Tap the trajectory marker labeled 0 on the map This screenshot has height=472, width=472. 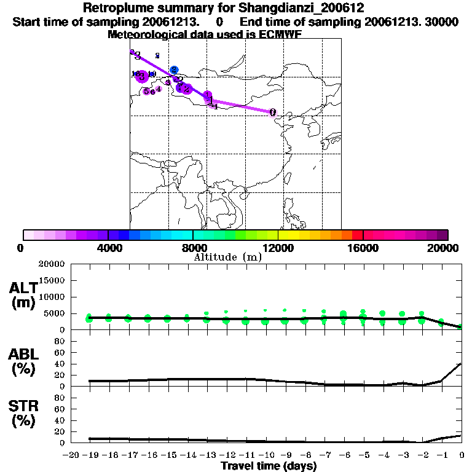272,112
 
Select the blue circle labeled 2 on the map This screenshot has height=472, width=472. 175,70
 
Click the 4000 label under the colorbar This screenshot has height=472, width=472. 108,248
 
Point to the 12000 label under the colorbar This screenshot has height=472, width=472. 278,248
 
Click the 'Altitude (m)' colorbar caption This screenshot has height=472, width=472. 227,257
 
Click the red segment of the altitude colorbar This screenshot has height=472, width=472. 357,235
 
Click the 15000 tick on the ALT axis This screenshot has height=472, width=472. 51,280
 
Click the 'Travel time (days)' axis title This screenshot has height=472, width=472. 269,466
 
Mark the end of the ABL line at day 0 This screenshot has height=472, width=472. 461,363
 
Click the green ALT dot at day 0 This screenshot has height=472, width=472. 460,327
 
